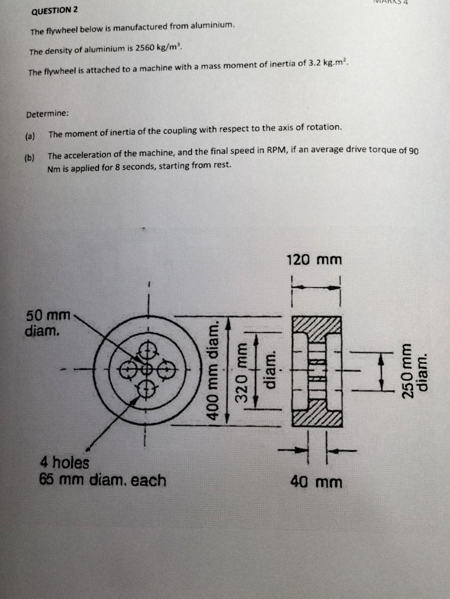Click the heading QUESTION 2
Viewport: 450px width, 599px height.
click(x=54, y=10)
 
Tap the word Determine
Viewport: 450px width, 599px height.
click(x=48, y=114)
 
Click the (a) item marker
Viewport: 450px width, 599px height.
click(x=30, y=136)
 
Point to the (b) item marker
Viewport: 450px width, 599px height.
click(x=30, y=157)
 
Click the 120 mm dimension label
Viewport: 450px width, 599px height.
click(x=314, y=260)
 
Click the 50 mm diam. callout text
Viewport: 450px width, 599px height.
click(x=47, y=322)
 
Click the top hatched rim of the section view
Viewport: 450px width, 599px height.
click(x=316, y=325)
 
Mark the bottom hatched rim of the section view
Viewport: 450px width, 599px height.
click(x=316, y=418)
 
